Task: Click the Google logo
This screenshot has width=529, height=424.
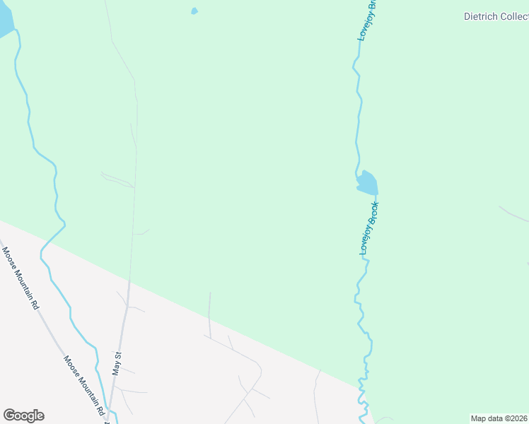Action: click(x=23, y=416)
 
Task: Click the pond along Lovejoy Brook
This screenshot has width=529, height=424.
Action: click(x=367, y=183)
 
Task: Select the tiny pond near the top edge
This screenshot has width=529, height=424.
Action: click(x=194, y=11)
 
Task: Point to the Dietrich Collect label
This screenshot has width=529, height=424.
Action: click(x=496, y=16)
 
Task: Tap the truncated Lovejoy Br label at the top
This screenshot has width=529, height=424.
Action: click(x=368, y=20)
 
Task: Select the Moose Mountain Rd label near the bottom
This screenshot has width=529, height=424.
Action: click(x=85, y=386)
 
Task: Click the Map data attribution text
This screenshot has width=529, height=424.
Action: click(x=499, y=418)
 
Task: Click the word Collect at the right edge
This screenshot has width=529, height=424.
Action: click(x=513, y=16)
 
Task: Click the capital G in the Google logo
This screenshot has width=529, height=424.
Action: click(x=10, y=416)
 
